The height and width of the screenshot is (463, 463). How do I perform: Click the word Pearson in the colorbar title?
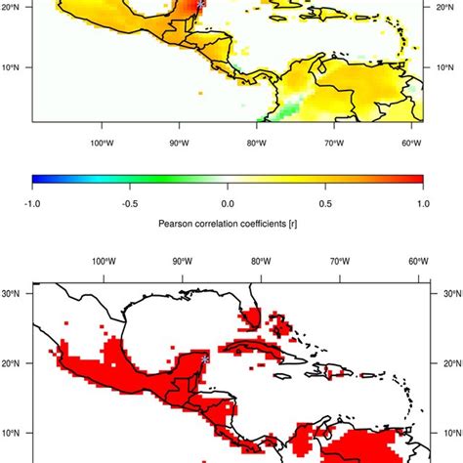pyautogui.click(x=177, y=223)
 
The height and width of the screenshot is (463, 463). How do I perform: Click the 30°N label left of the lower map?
pyautogui.click(x=15, y=292)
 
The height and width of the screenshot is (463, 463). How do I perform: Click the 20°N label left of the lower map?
pyautogui.click(x=15, y=362)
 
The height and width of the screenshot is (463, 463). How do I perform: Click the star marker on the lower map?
pyautogui.click(x=203, y=359)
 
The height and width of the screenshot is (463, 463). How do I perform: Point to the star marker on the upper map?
pyautogui.click(x=201, y=4)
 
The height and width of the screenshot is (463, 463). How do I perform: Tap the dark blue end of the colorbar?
pyautogui.click(x=37, y=179)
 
